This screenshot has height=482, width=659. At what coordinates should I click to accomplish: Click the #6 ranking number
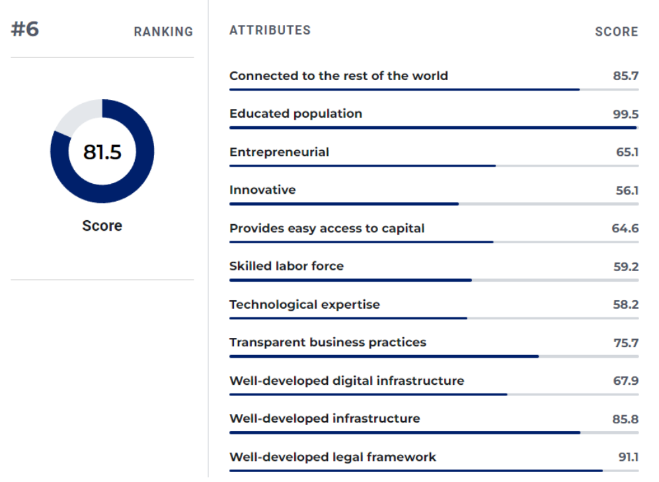tap(25, 30)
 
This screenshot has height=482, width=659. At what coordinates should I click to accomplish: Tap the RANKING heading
tap(163, 32)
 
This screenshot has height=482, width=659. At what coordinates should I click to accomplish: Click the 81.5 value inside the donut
tap(102, 152)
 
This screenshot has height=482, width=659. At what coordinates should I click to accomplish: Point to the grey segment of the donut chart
tap(76, 114)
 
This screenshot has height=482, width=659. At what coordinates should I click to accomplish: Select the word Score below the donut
tap(102, 225)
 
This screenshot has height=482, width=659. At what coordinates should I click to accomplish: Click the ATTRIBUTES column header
tap(270, 30)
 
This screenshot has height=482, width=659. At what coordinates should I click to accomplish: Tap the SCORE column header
tap(617, 32)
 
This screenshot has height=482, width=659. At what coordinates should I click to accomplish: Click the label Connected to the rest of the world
tap(338, 75)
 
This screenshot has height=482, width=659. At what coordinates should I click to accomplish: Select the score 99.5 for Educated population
tap(625, 114)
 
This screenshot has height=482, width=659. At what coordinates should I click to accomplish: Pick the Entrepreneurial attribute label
tap(279, 152)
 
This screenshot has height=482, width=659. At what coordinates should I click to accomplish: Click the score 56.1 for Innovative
tap(627, 190)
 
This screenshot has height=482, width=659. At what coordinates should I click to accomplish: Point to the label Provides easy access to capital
tap(327, 228)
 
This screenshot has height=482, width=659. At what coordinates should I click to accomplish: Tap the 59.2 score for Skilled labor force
tap(625, 266)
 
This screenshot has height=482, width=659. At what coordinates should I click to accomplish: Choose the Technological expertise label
tap(305, 305)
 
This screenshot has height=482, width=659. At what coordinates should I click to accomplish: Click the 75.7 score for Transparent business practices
tap(625, 342)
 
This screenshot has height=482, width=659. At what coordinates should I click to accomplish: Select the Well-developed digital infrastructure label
tap(346, 381)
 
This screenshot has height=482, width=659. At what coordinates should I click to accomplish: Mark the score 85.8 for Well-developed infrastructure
tap(625, 419)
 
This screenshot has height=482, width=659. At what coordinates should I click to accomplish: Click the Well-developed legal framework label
tap(332, 457)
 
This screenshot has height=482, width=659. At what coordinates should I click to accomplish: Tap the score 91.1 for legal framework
tap(628, 457)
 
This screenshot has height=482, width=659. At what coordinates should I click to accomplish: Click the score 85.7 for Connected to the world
tap(625, 76)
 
